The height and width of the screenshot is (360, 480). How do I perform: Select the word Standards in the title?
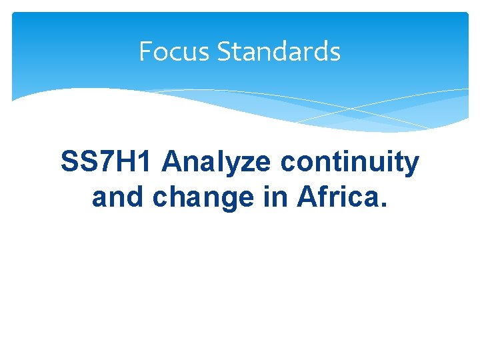(279, 51)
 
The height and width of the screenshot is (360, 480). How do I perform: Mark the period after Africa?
(381, 204)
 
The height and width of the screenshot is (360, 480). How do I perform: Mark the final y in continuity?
(411, 165)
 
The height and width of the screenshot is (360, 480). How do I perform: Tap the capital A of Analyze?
(171, 162)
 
